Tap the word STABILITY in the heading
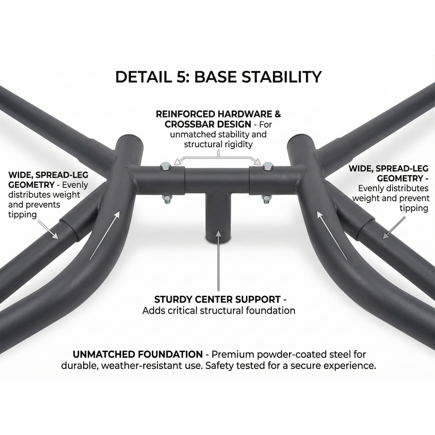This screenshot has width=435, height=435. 282,77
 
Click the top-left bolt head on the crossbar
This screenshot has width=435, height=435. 166,166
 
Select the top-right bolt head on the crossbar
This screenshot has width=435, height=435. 268,166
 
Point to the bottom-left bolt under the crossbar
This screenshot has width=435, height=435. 167,199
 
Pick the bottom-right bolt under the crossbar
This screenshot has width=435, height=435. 266,199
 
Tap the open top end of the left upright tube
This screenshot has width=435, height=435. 130,141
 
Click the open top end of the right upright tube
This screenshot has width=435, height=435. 302,141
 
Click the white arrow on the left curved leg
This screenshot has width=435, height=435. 105,235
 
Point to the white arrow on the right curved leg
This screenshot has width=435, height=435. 332,235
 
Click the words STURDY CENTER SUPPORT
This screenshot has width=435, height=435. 217,299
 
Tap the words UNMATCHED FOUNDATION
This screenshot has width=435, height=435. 138,354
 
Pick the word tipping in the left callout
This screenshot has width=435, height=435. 23,215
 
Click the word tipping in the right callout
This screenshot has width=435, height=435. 414,208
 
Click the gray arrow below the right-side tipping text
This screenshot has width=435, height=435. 394,228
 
